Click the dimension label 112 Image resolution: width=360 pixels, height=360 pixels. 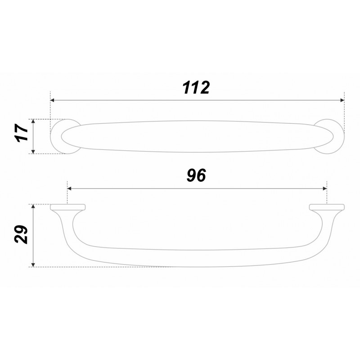pyautogui.click(x=196, y=87)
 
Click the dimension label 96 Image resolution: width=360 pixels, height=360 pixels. pyautogui.click(x=196, y=175)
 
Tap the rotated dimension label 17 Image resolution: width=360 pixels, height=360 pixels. pyautogui.click(x=21, y=133)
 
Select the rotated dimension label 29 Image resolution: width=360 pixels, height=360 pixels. pyautogui.click(x=21, y=234)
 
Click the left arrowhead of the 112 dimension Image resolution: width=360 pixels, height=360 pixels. pyautogui.click(x=52, y=100)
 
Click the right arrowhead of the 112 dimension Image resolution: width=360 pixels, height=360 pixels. pyautogui.click(x=342, y=100)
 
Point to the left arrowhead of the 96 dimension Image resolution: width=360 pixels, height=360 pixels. pyautogui.click(x=69, y=189)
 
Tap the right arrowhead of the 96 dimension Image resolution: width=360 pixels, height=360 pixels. pyautogui.click(x=325, y=189)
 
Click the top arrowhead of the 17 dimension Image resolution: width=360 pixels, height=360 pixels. pyautogui.click(x=33, y=121)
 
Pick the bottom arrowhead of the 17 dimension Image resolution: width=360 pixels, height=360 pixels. pyautogui.click(x=33, y=152)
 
